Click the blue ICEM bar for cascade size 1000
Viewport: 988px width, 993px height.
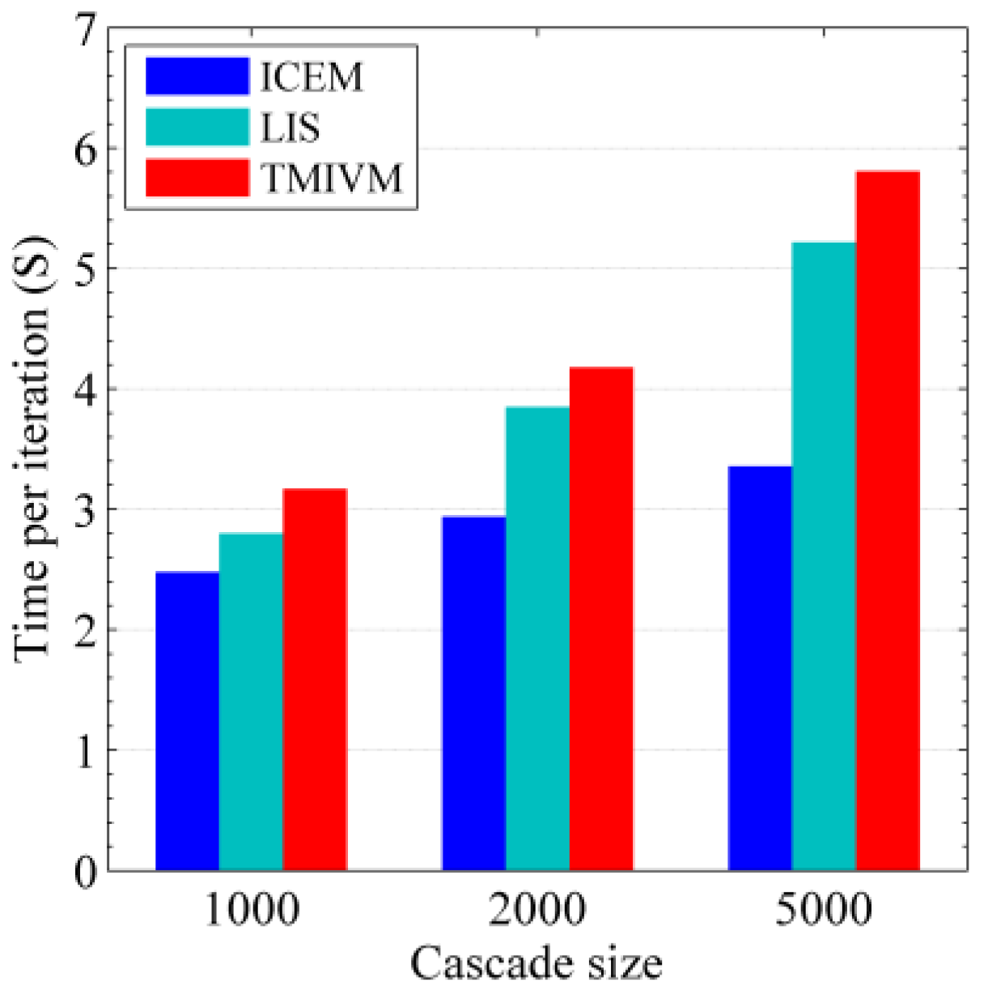point(187,720)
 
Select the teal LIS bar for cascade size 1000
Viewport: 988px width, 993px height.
point(251,701)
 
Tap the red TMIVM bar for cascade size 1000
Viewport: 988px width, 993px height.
point(315,679)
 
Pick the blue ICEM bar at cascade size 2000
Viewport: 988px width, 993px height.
point(473,693)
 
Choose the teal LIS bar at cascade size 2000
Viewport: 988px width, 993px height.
point(537,638)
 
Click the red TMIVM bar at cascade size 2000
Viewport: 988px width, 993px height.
point(601,619)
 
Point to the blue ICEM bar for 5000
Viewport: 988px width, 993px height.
point(760,668)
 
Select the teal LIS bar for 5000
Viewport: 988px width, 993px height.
point(824,556)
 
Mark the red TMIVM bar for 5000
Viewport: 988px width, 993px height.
point(888,521)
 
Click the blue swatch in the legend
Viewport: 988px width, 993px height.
point(197,76)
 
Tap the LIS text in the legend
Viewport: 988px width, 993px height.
point(290,128)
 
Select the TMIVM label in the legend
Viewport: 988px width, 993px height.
point(332,178)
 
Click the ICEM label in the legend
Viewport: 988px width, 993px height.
point(312,77)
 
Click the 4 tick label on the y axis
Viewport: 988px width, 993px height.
point(86,390)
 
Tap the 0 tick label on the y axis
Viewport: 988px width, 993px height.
point(86,872)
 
